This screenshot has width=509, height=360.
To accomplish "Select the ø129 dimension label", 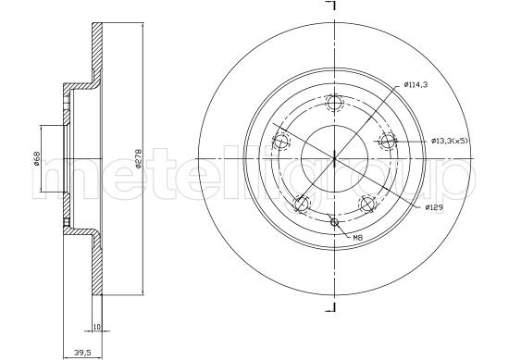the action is pyautogui.click(x=434, y=207).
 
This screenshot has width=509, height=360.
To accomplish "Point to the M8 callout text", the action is pyautogui.click(x=357, y=238).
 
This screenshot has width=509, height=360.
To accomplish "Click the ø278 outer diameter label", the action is pyautogui.click(x=138, y=159).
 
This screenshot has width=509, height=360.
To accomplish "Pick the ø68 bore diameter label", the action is pyautogui.click(x=37, y=158).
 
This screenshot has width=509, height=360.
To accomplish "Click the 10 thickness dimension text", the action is pyautogui.click(x=97, y=327).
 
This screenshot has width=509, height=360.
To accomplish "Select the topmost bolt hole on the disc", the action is pyautogui.click(x=334, y=104).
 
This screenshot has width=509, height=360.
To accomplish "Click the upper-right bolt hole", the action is pyautogui.click(x=387, y=142).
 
